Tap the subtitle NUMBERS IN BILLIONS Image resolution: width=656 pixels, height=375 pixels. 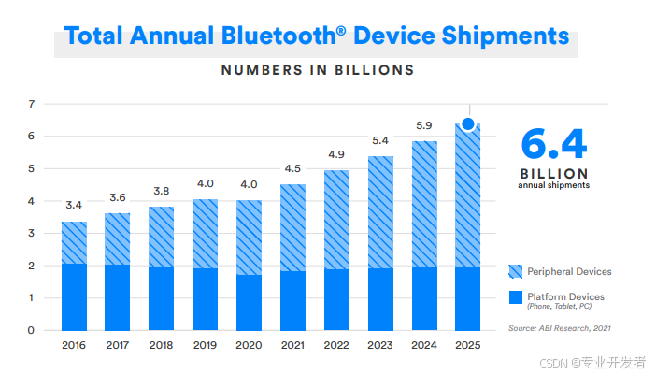317,69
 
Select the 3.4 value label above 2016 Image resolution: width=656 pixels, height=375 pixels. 75,205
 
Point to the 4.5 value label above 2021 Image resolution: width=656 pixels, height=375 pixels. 292,168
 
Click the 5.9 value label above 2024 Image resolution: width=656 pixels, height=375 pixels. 423,125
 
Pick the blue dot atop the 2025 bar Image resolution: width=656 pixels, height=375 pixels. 468,123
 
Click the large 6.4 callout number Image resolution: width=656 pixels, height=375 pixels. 553,145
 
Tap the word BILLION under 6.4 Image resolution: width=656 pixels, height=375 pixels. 553,173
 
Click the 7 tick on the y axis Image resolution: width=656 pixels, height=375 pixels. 31,103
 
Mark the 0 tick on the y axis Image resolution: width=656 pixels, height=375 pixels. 31,330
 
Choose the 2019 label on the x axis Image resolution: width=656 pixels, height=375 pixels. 206,346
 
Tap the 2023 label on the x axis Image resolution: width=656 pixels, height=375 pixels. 380,346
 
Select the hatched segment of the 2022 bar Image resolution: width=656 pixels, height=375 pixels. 336,220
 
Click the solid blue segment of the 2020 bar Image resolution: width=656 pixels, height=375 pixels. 250,302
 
